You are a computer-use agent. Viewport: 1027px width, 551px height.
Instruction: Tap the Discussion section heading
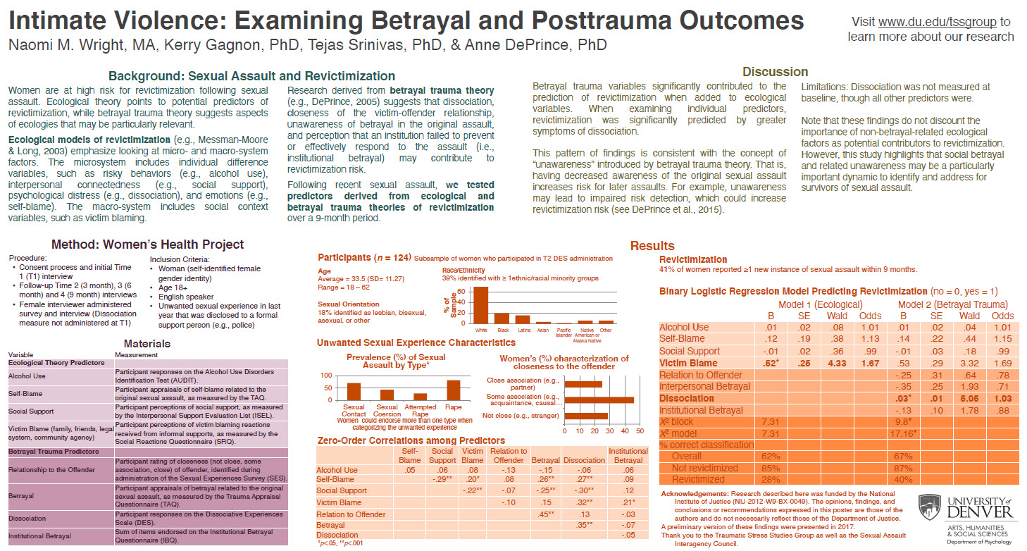[776, 71]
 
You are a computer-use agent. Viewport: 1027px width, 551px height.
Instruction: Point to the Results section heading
[652, 246]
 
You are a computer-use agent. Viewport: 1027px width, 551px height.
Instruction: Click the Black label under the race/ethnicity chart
[502, 330]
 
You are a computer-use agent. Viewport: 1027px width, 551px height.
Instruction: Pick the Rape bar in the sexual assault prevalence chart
[454, 390]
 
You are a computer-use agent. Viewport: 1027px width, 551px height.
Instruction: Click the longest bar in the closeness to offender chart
[599, 400]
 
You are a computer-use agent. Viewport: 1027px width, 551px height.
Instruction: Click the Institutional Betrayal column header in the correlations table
[628, 455]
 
